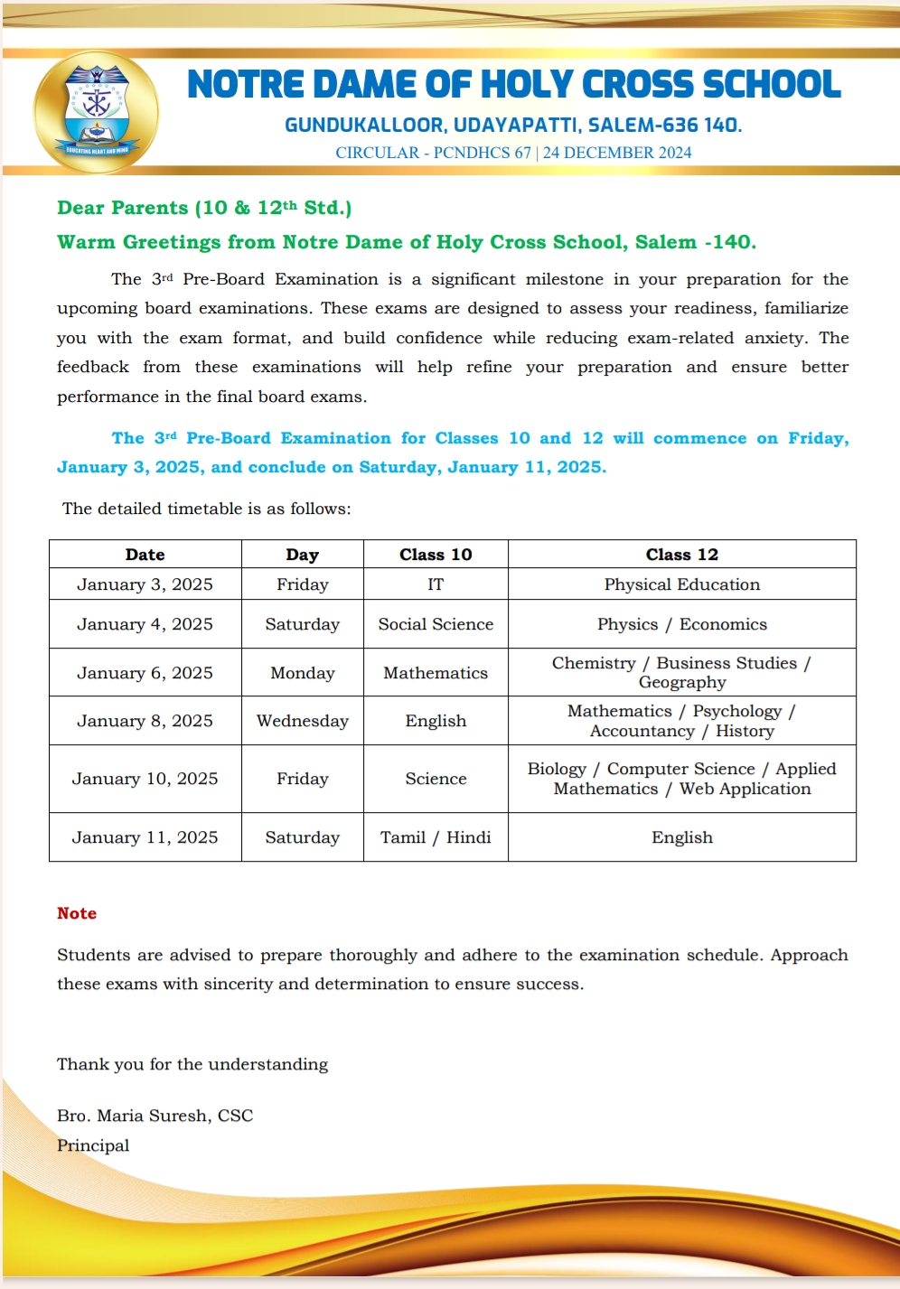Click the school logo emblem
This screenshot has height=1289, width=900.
point(96,113)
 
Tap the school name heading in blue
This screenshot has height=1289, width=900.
point(513,85)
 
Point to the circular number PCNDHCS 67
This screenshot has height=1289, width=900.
point(482,153)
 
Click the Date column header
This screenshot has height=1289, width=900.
point(145,555)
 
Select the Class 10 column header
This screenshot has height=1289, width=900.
point(436,555)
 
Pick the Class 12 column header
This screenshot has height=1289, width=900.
point(681,555)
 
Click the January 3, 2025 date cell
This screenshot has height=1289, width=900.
point(145,584)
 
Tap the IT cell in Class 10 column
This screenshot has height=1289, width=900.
point(436,584)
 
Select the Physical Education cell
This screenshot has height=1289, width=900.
point(681,584)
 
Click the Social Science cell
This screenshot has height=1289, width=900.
point(436,624)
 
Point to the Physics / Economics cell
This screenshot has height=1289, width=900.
point(681,624)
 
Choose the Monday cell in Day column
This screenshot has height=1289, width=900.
point(302,673)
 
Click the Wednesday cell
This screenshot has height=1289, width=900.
point(302,721)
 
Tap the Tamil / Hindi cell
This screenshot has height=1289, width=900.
point(436,837)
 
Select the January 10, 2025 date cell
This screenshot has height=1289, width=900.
point(145,779)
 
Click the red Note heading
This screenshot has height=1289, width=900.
point(77,913)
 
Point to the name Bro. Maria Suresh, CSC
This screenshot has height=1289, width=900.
point(155,1116)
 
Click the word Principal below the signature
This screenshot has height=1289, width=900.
point(93,1145)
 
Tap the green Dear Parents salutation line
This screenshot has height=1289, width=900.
point(204,208)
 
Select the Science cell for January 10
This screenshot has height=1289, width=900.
point(436,779)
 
